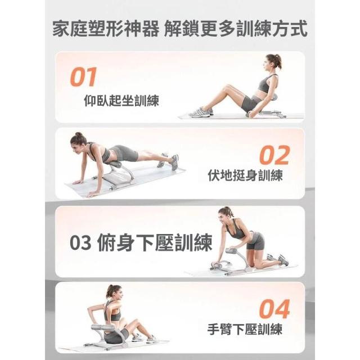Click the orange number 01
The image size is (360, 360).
coord(83,77)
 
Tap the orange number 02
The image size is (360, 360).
coord(274,155)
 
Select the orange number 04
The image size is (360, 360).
coord(274,309)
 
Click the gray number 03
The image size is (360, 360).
coord(80,243)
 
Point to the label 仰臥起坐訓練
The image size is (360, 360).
coord(121,100)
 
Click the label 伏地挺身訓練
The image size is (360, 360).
coord(245,175)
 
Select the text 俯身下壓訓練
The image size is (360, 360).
coord(155,242)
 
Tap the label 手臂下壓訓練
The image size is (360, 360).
coord(245,329)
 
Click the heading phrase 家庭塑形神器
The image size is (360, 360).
coord(105,29)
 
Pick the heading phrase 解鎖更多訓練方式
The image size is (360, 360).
coord(236,29)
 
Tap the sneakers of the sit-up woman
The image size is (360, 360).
coord(201,112)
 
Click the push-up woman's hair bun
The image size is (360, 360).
coord(79,134)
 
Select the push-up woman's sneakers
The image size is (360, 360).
coord(169,161)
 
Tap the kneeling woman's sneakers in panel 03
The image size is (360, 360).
coord(278,259)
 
